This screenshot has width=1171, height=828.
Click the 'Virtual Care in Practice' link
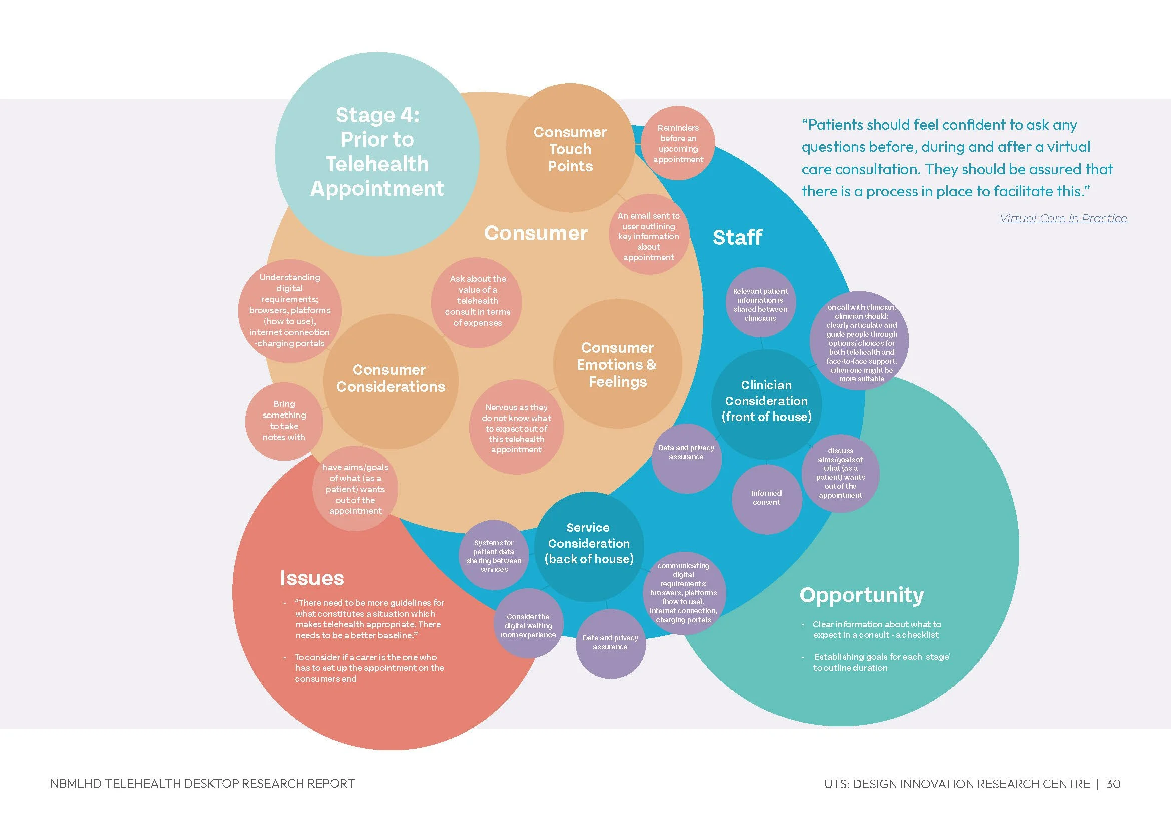[1063, 218]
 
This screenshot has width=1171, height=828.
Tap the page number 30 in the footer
[1113, 784]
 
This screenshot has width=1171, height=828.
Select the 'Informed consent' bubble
[766, 498]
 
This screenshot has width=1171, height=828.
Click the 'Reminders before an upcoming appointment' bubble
[678, 143]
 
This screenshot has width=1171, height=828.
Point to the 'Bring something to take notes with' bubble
[284, 421]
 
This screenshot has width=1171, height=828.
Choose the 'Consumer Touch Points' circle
[570, 149]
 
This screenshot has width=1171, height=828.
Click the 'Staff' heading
[737, 238]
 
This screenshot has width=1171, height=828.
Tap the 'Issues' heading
[312, 578]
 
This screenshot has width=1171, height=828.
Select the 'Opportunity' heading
[862, 595]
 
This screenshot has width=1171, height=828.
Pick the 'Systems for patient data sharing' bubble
[494, 556]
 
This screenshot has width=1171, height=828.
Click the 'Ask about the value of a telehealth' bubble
[478, 301]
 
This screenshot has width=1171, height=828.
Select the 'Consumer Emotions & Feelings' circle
[617, 364]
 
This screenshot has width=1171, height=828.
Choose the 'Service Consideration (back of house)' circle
[589, 544]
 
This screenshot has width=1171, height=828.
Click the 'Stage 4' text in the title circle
[377, 115]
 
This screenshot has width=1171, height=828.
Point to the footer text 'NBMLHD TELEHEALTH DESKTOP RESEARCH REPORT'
[202, 784]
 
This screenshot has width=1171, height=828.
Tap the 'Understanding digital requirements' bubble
[290, 310]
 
